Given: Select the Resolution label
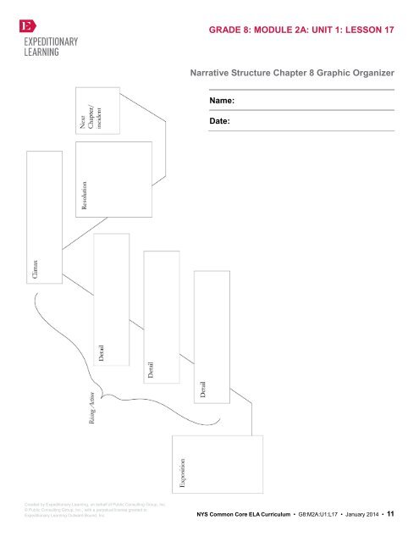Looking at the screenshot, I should pyautogui.click(x=84, y=194).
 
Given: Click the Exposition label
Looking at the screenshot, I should pyautogui.click(x=182, y=473).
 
